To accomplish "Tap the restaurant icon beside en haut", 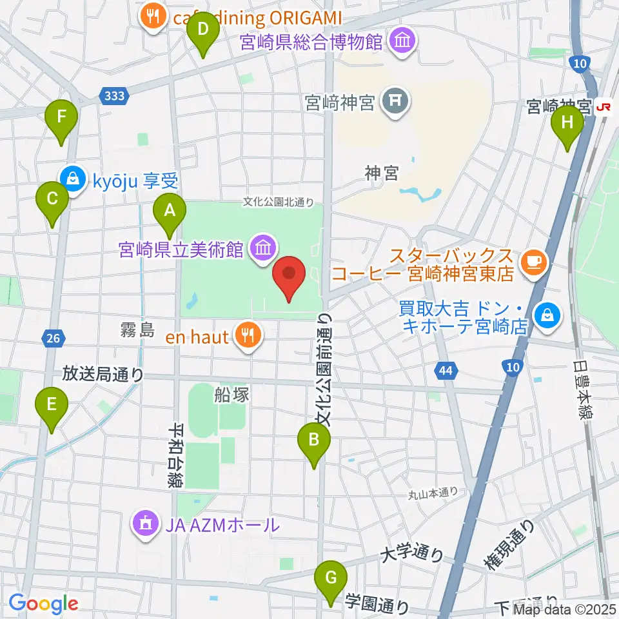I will point(246,334).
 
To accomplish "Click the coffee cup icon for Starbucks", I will point(534,260).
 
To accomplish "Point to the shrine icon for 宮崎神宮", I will point(392,100).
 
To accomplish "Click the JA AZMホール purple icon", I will point(145,524).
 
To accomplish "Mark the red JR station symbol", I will point(604,106).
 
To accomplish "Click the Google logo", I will point(44,604).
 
